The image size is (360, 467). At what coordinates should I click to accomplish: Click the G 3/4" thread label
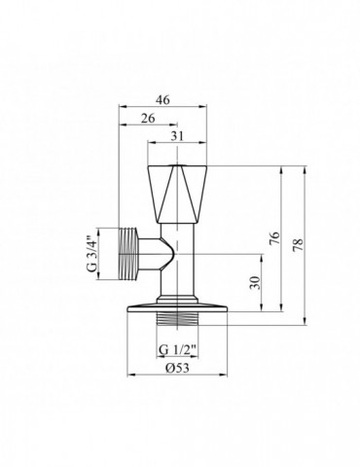[93, 251]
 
